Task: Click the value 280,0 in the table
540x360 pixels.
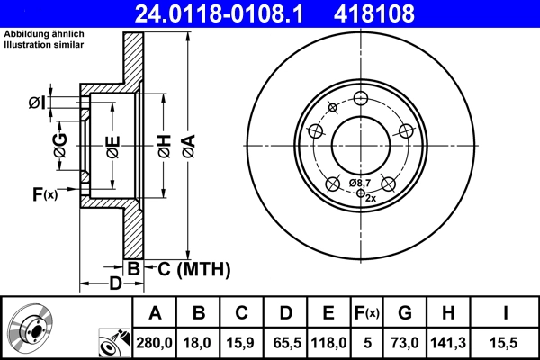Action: pos(156,341)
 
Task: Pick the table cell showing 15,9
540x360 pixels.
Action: pos(242,341)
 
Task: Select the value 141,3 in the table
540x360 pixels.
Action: pos(451,341)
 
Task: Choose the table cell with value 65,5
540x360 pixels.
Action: pos(285,341)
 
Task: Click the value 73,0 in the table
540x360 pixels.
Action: pos(406,341)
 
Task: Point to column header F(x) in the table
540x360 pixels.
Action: pos(368,313)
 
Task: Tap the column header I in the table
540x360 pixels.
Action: pos(505,313)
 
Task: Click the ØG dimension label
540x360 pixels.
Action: pos(59,147)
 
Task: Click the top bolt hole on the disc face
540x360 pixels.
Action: pos(361,99)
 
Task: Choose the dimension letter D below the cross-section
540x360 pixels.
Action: pos(115,284)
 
